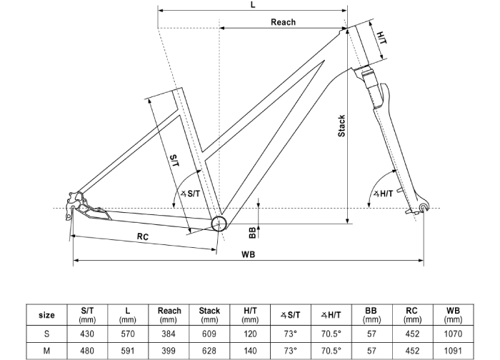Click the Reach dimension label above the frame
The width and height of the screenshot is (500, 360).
click(x=283, y=22)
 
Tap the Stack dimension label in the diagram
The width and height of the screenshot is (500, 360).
click(x=341, y=126)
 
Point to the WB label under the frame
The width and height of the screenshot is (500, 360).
click(x=249, y=254)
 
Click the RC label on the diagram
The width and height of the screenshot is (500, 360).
click(x=142, y=236)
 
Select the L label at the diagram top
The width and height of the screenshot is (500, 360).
click(x=253, y=5)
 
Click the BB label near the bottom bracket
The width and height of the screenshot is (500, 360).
click(x=251, y=231)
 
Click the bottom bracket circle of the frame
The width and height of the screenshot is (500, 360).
click(x=219, y=224)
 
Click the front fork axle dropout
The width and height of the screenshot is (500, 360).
click(x=424, y=208)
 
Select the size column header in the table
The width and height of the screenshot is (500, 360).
click(x=46, y=315)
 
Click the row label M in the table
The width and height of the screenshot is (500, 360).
click(x=46, y=351)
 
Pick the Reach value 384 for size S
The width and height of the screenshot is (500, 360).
click(x=169, y=333)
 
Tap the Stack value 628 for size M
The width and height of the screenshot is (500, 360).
click(x=209, y=351)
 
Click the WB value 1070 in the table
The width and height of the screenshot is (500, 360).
click(x=453, y=333)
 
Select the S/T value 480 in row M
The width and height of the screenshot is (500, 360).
click(x=87, y=351)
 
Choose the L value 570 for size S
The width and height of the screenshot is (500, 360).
click(x=128, y=333)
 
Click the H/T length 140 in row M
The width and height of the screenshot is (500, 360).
click(x=250, y=351)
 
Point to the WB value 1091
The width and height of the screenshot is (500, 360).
click(x=453, y=351)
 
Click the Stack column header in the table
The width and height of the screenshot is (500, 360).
click(x=209, y=315)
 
